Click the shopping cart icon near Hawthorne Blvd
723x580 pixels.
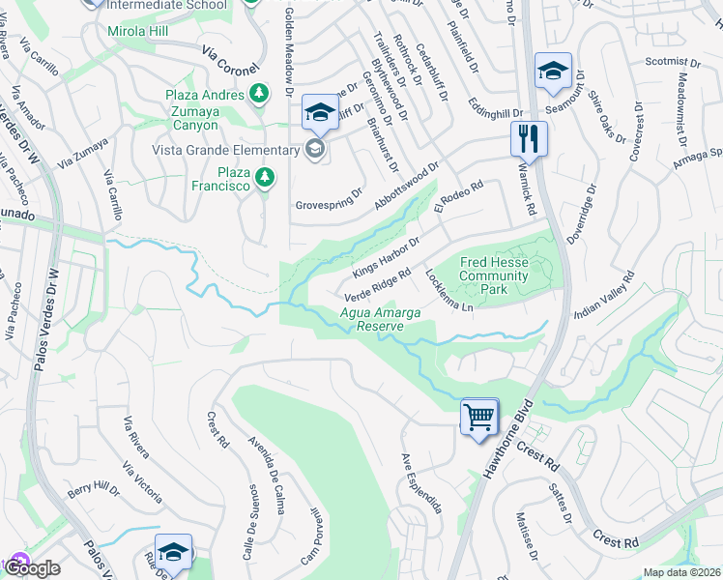click(479, 418)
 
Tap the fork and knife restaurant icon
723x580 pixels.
click(529, 137)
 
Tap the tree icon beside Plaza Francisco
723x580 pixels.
click(263, 178)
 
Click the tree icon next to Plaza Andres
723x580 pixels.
click(259, 93)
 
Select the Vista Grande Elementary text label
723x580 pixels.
click(224, 150)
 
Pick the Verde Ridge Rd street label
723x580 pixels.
click(379, 284)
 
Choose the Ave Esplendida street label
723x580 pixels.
click(421, 482)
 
